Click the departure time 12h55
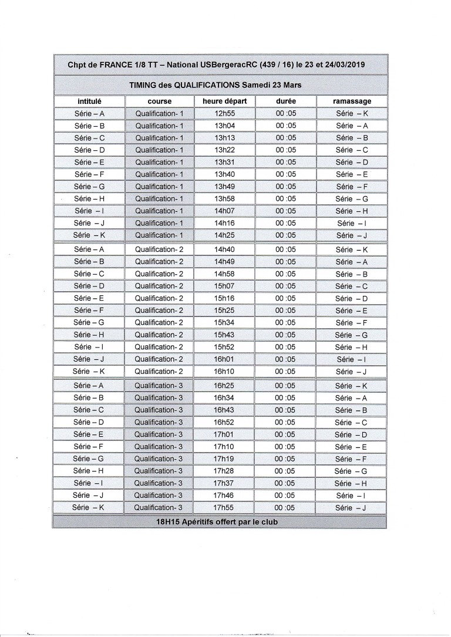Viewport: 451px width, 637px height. click(x=224, y=113)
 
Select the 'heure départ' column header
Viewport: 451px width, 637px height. click(x=224, y=101)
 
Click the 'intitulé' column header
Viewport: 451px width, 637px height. click(x=89, y=101)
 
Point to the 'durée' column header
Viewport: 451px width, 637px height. click(x=286, y=101)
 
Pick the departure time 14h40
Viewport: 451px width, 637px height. click(x=224, y=249)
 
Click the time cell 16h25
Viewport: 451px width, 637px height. click(x=224, y=386)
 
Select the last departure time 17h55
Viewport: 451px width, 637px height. click(x=224, y=507)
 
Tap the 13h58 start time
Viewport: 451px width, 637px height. click(x=224, y=198)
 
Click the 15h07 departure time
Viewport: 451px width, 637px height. click(x=224, y=286)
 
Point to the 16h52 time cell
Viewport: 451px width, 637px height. click(x=224, y=422)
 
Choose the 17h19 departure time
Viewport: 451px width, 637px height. click(x=224, y=459)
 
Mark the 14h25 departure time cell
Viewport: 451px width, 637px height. click(x=224, y=235)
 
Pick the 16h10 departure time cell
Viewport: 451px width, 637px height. click(x=224, y=371)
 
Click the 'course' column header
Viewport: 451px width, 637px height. click(x=160, y=101)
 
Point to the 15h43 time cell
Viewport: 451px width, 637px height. click(x=224, y=335)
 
